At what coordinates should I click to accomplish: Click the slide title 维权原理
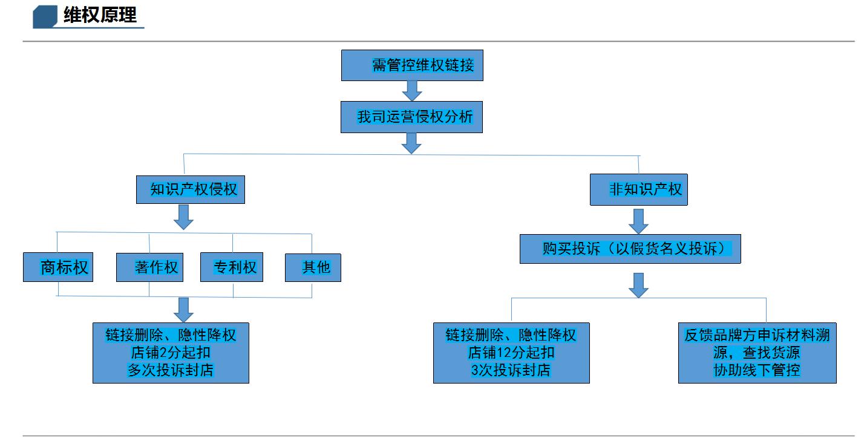(100, 15)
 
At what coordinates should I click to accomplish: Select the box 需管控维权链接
(412, 65)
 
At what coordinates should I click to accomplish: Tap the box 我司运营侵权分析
(411, 117)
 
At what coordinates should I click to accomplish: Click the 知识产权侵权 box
(191, 189)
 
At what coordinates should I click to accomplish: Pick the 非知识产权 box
(639, 189)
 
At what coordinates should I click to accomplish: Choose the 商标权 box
(58, 267)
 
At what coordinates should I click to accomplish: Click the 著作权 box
(149, 267)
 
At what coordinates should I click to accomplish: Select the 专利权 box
(233, 267)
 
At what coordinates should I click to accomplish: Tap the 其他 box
(313, 267)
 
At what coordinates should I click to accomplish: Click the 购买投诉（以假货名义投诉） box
(630, 249)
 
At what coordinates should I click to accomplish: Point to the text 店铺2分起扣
(171, 352)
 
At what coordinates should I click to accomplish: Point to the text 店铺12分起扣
(511, 352)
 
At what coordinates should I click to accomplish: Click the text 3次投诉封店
(511, 370)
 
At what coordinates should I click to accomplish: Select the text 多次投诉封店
(171, 370)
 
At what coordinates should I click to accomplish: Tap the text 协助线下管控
(757, 370)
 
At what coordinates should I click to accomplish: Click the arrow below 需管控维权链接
(412, 91)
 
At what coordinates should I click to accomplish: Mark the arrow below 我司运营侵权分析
(411, 143)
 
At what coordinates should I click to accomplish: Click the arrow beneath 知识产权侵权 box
(183, 217)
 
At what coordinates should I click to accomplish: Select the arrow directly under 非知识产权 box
(638, 221)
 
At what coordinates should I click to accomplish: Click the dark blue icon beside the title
(45, 16)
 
